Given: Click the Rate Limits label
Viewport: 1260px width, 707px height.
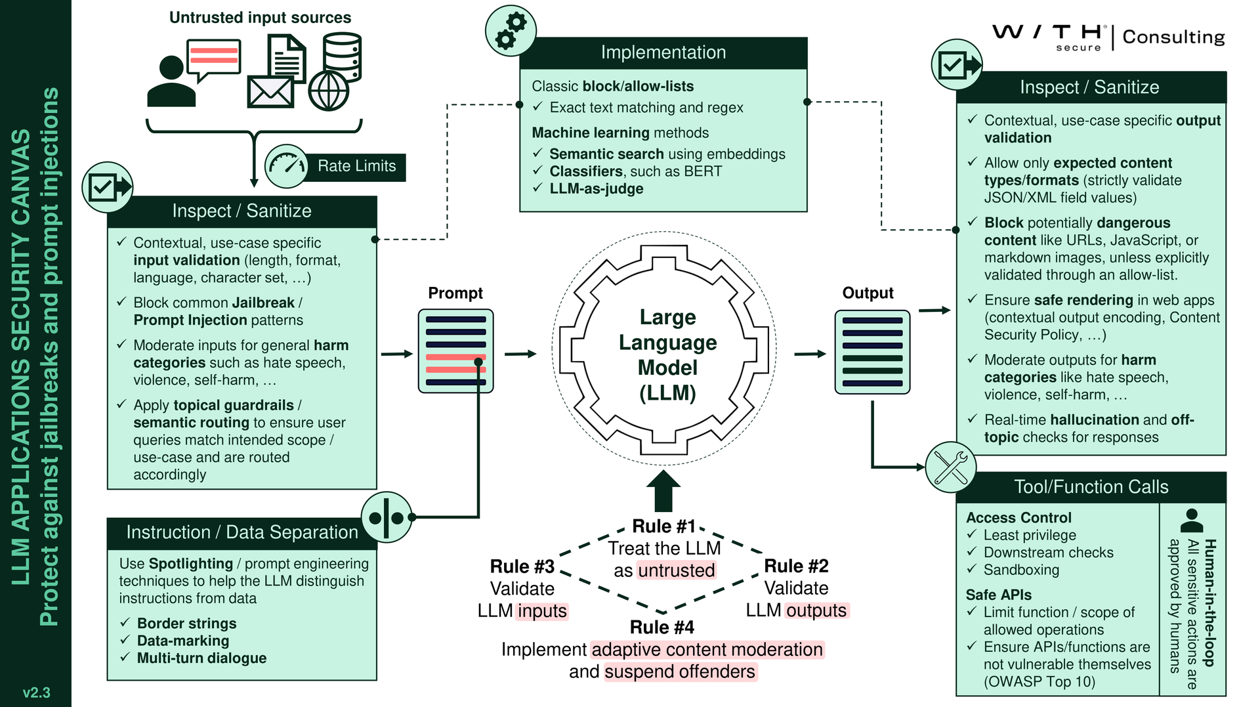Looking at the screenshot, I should pos(356,167).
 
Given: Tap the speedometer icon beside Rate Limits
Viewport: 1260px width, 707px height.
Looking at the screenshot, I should pos(287,166).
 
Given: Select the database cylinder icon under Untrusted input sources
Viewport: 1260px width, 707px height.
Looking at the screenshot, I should pos(342,56).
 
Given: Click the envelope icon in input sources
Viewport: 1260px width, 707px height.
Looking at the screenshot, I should pos(270,93).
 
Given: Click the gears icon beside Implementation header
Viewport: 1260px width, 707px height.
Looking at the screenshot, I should pos(511,31).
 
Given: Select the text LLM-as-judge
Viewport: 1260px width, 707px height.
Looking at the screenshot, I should pos(596,189).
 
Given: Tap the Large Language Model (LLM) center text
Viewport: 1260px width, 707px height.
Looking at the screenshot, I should pos(667,354).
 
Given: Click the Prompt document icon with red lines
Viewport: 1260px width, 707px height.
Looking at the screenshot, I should pos(455,351).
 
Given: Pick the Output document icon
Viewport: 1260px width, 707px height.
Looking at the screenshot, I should pos(871,352).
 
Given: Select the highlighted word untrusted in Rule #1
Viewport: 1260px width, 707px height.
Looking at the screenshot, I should pos(676,570).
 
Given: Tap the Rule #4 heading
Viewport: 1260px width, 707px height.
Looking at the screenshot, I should pos(661,628).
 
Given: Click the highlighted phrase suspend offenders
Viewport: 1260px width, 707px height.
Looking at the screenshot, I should pos(679,672).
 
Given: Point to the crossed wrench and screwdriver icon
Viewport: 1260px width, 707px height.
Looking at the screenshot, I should pos(950,467).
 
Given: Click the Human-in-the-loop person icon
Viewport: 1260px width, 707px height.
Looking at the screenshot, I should pos(1191,521).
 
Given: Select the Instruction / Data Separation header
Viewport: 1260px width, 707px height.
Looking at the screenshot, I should pos(241,532).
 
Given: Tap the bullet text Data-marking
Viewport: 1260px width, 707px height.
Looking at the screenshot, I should pos(183,641).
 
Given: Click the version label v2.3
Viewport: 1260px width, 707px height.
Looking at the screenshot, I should pos(36,693).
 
